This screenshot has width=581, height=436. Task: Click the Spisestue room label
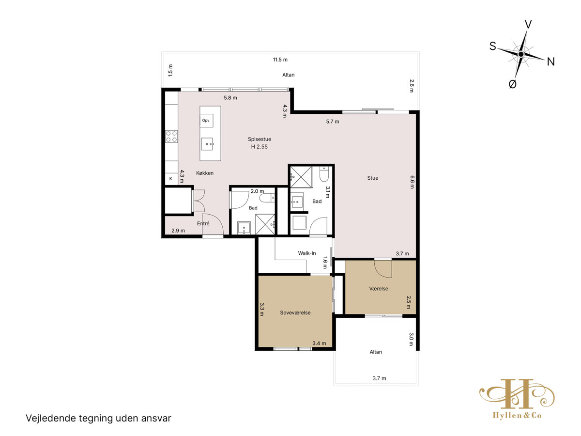click(x=259, y=139)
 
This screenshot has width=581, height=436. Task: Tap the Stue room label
click(x=372, y=178)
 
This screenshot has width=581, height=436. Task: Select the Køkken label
click(x=205, y=173)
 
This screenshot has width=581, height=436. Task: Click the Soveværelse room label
click(x=295, y=312)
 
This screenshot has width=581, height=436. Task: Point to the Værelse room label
click(x=379, y=289)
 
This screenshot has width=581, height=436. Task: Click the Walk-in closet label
click(x=307, y=253)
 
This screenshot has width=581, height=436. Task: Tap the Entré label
click(x=203, y=223)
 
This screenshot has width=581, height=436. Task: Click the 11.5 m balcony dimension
click(x=280, y=60)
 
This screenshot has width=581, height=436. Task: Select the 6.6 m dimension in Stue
click(x=412, y=182)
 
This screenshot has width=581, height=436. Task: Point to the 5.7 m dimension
click(x=333, y=122)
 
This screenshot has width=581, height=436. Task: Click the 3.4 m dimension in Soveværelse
click(x=319, y=343)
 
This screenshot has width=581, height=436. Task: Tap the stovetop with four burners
click(x=171, y=136)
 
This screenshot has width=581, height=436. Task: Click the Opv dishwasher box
click(x=206, y=121)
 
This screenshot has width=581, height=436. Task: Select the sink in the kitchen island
click(x=207, y=144)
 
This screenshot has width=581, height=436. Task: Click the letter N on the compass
click(x=550, y=62)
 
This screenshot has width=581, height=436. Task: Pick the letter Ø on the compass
click(x=512, y=84)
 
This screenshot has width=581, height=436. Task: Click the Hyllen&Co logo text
click(x=517, y=415)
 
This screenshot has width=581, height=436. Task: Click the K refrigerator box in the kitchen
click(x=171, y=179)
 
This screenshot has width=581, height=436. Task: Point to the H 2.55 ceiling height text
click(x=259, y=147)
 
